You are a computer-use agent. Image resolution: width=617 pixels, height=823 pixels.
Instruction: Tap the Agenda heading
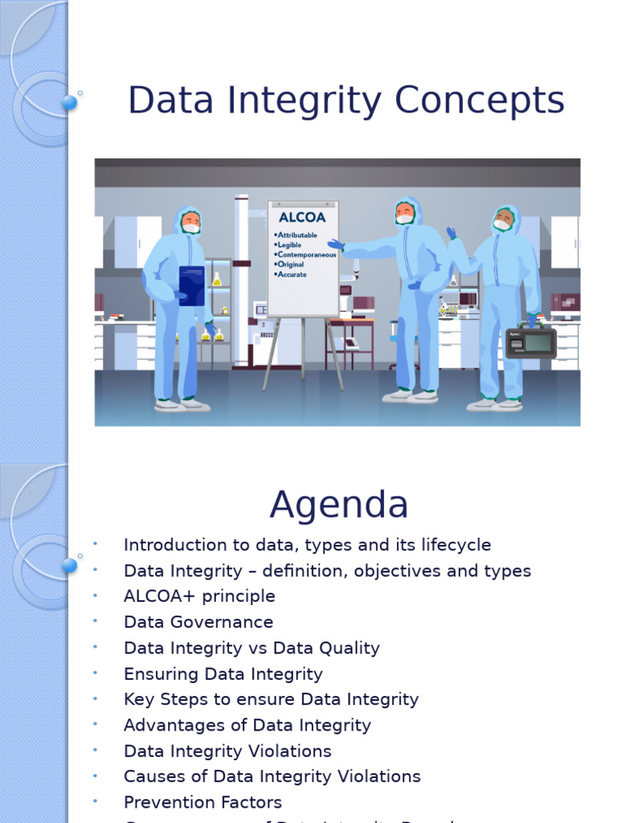(338, 505)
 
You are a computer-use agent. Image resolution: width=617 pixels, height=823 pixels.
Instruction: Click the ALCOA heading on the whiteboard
(301, 217)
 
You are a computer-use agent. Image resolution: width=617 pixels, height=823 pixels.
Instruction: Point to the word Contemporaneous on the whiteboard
(307, 254)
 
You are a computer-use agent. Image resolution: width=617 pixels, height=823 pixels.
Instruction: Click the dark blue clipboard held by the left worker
(191, 285)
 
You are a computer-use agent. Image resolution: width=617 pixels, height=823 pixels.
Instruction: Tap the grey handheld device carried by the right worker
(531, 343)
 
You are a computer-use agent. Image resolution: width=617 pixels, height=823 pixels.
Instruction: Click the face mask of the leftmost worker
(191, 228)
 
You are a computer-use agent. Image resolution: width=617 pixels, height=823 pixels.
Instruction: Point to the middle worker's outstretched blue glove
(335, 244)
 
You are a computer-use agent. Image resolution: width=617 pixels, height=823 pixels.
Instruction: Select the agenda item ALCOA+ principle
(199, 596)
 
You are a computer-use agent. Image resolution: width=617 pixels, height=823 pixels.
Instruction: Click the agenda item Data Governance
(198, 622)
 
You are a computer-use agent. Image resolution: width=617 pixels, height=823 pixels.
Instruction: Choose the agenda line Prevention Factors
(202, 802)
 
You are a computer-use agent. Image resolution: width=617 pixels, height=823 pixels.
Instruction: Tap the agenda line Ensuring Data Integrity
(223, 674)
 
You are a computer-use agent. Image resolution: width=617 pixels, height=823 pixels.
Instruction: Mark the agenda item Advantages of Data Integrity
(247, 725)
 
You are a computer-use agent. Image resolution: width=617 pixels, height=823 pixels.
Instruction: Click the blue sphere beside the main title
(70, 102)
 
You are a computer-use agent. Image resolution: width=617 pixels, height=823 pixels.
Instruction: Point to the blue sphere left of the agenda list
(70, 565)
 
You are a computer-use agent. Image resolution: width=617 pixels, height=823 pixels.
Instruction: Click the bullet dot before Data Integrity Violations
(95, 751)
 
